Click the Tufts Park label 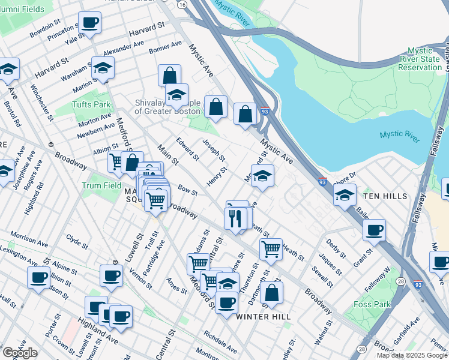click(x=94, y=104)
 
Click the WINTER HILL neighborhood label click(x=264, y=316)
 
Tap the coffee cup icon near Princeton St click(x=89, y=23)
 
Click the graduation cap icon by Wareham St click(x=103, y=68)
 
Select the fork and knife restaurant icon click(x=235, y=218)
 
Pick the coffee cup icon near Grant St click(x=374, y=230)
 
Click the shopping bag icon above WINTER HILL click(x=272, y=293)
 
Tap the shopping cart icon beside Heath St click(x=271, y=248)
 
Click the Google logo click(x=20, y=353)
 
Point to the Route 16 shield click(x=182, y=4)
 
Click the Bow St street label click(x=188, y=191)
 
